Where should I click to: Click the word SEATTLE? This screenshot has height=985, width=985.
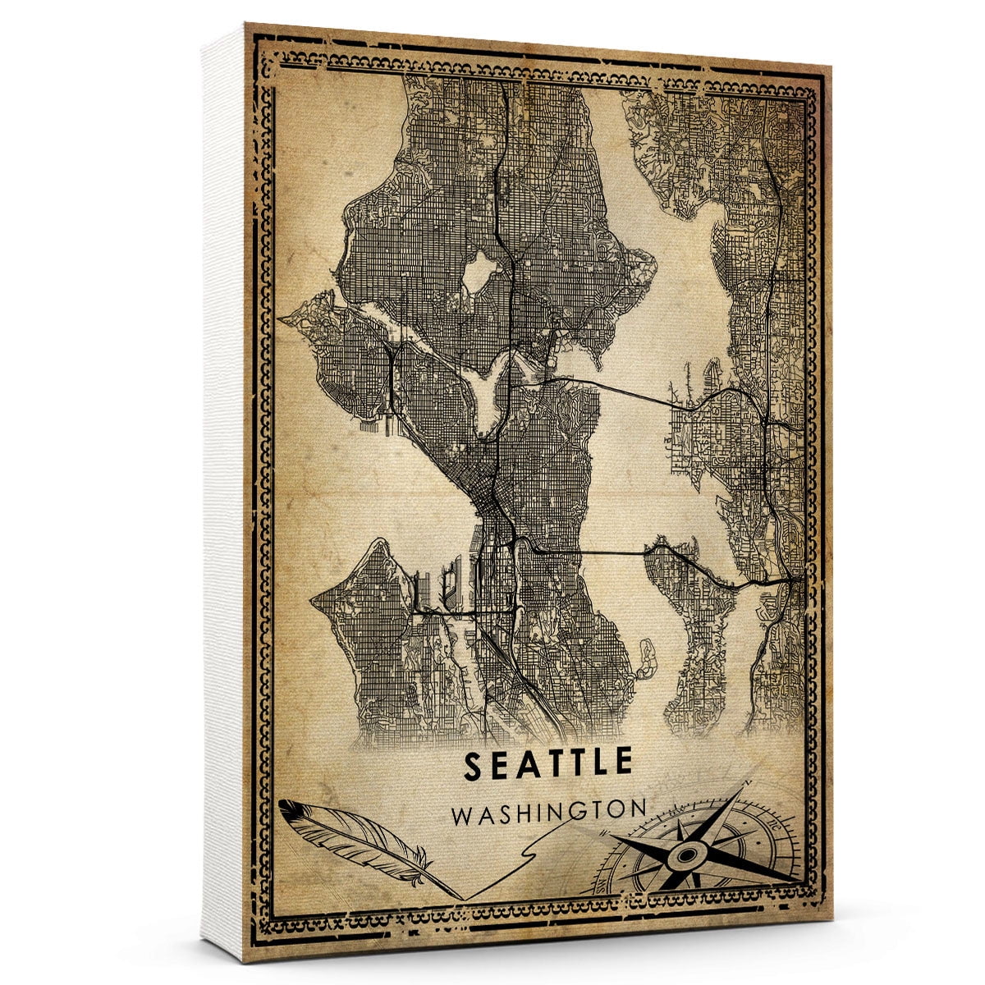tap(548, 763)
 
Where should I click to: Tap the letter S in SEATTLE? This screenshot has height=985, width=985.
tap(474, 764)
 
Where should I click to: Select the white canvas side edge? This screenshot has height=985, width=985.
tap(223, 492)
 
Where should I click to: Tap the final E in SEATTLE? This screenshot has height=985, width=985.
tap(623, 763)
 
